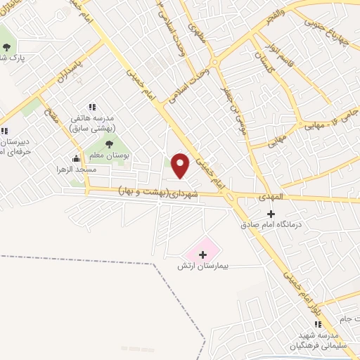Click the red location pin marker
[181, 165]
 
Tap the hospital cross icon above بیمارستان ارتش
[203, 254]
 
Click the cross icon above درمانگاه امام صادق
[271, 213]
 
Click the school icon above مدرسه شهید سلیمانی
[317, 324]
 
